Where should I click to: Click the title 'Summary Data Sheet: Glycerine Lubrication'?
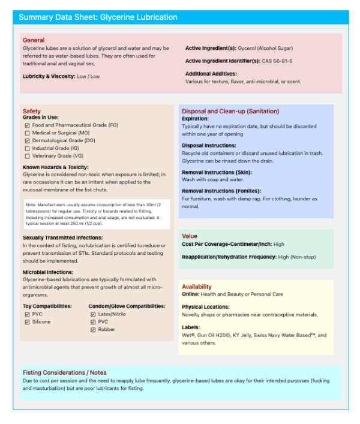(98, 17)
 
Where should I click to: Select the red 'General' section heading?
(34, 40)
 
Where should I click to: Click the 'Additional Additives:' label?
(211, 74)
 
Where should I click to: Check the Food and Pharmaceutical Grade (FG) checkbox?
(27, 125)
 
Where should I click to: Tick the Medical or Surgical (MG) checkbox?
(27, 133)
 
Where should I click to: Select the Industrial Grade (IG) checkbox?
(27, 148)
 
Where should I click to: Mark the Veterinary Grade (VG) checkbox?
(27, 156)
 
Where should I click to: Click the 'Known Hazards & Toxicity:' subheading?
(56, 167)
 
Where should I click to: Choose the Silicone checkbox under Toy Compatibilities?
(27, 322)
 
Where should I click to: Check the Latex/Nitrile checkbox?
(93, 314)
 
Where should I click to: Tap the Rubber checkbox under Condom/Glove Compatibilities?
(93, 330)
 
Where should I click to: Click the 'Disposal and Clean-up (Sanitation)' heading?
(230, 112)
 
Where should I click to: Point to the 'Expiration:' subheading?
(195, 119)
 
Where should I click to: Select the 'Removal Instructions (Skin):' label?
(218, 172)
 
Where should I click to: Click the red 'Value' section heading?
(190, 236)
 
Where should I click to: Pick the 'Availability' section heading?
(197, 287)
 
